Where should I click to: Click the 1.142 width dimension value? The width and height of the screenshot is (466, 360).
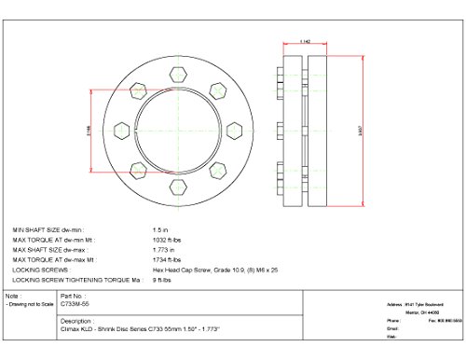[305, 41]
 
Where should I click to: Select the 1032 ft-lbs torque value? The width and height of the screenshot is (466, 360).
[165, 238]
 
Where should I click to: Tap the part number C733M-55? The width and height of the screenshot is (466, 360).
[74, 304]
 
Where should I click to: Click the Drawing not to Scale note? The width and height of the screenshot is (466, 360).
[29, 304]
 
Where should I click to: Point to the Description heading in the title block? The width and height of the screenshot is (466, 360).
[76, 319]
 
